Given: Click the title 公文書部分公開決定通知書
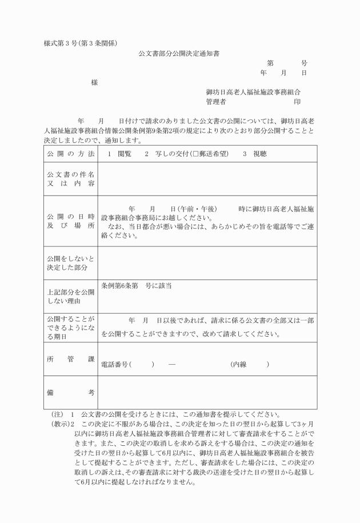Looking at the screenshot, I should [179, 53].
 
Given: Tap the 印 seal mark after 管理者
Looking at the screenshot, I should [297, 102].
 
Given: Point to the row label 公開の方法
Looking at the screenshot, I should [71, 154].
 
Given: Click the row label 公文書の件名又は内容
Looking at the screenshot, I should [71, 178].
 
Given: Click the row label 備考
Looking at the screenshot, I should [71, 393].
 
